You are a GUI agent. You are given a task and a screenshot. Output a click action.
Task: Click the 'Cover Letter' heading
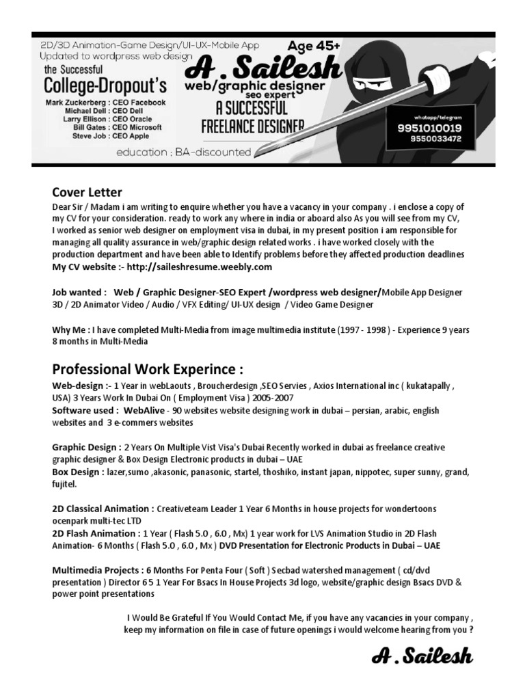tap(87, 192)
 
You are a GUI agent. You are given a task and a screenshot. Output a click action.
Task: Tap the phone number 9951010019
tap(429, 128)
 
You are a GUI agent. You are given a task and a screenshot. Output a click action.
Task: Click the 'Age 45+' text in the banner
tap(314, 46)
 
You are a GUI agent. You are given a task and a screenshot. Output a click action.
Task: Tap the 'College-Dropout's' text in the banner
tap(105, 86)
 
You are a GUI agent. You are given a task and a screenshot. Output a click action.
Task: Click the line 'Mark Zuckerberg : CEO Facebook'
tap(105, 103)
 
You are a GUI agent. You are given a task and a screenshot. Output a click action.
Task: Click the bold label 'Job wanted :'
tap(79, 292)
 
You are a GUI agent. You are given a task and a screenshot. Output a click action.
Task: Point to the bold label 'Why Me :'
tap(71, 329)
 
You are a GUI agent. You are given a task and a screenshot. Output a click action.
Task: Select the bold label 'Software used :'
tap(86, 410)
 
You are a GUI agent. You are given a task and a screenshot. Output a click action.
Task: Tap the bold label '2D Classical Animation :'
tap(103, 509)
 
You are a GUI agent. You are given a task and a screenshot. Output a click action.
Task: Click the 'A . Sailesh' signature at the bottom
tap(422, 658)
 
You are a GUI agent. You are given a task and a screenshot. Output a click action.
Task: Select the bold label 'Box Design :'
tap(78, 472)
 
